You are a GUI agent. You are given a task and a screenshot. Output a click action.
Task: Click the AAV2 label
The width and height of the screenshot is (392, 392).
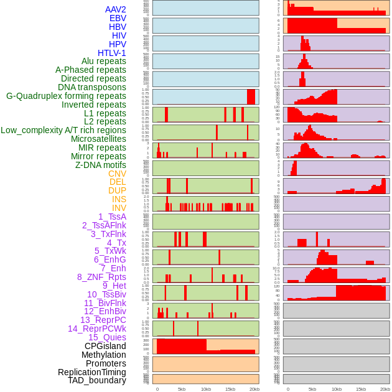click(x=116, y=9)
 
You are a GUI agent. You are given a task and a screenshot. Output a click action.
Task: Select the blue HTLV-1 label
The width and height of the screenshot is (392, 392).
click(x=112, y=53)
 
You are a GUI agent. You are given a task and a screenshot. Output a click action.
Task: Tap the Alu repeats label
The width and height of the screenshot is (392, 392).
click(x=104, y=62)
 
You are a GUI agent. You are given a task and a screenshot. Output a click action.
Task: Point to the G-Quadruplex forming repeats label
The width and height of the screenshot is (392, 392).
click(x=66, y=96)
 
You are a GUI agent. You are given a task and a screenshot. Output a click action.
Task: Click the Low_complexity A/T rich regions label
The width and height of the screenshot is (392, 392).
click(x=63, y=130)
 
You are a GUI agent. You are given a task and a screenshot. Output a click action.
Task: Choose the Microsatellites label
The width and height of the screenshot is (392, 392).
click(x=98, y=139)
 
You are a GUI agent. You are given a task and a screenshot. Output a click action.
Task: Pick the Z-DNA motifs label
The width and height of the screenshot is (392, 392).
click(x=101, y=165)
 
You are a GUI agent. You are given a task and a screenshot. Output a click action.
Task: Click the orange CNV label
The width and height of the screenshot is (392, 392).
click(x=117, y=174)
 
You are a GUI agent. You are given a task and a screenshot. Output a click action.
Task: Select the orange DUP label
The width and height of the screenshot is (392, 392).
click(x=117, y=190)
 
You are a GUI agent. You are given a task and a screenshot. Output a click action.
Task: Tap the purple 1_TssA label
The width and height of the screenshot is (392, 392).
click(x=112, y=217)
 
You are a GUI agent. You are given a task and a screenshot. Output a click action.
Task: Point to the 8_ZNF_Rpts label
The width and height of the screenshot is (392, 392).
click(x=101, y=277)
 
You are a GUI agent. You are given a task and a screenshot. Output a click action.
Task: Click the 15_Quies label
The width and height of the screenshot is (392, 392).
click(x=107, y=337)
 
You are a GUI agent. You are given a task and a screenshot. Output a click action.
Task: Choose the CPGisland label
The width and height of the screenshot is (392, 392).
click(x=105, y=346)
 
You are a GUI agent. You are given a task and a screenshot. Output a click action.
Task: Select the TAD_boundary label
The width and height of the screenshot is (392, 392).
click(x=97, y=380)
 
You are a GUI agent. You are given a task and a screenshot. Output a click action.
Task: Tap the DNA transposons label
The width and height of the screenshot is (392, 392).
click(x=92, y=88)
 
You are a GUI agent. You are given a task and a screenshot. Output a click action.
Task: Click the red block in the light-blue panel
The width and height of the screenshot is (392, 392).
click(x=251, y=96)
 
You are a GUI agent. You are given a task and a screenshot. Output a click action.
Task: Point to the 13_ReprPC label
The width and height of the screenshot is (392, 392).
click(x=103, y=320)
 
